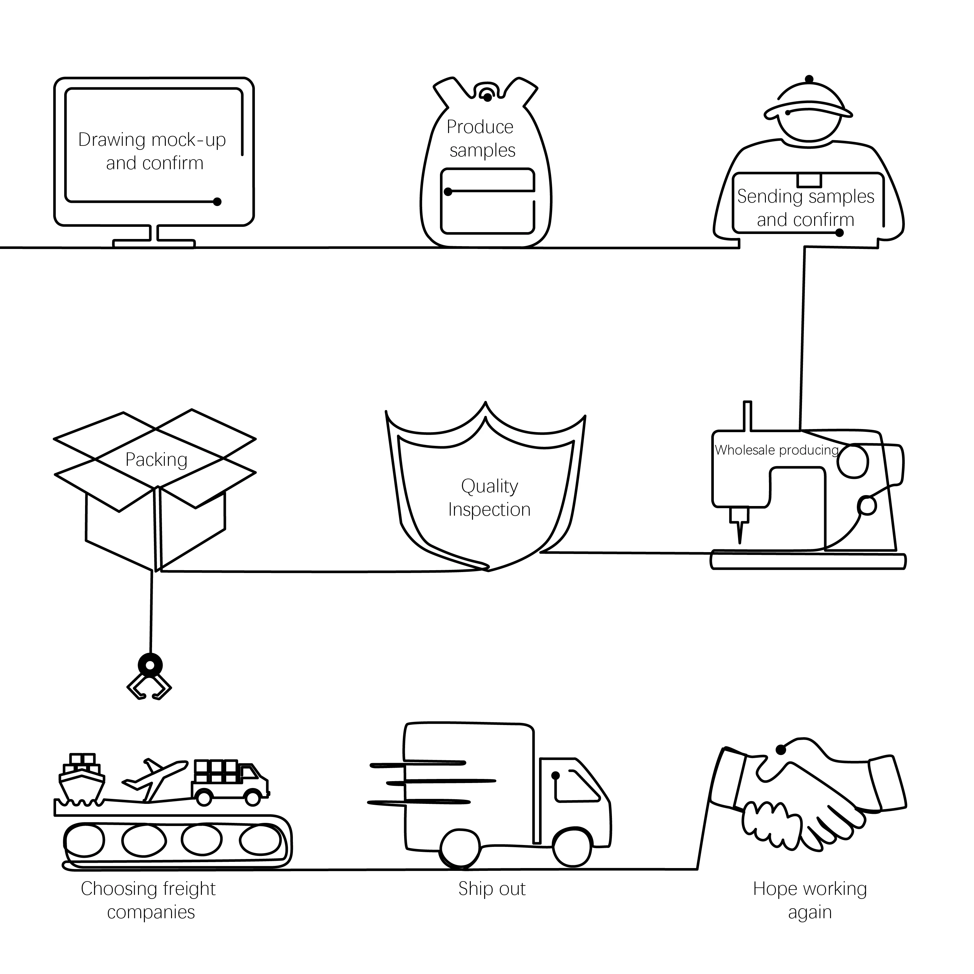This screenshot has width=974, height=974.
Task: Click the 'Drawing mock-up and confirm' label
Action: (x=152, y=151)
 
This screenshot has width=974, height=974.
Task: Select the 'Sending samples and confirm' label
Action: (x=806, y=208)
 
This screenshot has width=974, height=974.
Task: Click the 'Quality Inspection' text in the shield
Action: (x=489, y=498)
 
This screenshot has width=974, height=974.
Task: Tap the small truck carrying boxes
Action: (x=230, y=782)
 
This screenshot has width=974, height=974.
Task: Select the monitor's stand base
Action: (x=154, y=244)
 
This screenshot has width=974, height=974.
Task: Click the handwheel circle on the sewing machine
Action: (x=853, y=461)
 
